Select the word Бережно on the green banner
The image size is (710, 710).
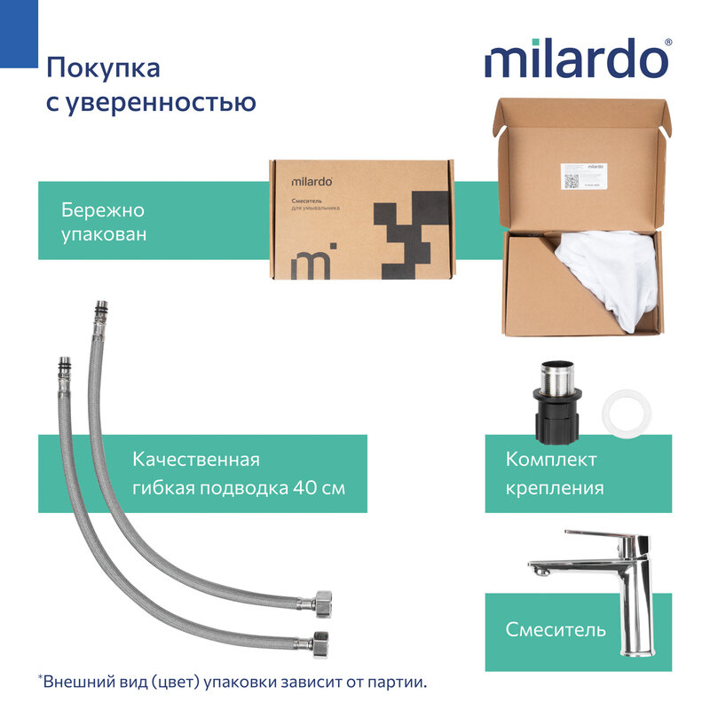click(x=102, y=211)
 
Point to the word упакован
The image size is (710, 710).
click(x=104, y=236)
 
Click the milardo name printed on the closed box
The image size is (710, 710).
click(x=312, y=182)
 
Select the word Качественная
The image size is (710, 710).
click(x=195, y=460)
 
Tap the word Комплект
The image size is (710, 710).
click(x=551, y=460)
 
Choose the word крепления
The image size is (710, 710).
click(x=555, y=488)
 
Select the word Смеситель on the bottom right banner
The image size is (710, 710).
click(x=556, y=630)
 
